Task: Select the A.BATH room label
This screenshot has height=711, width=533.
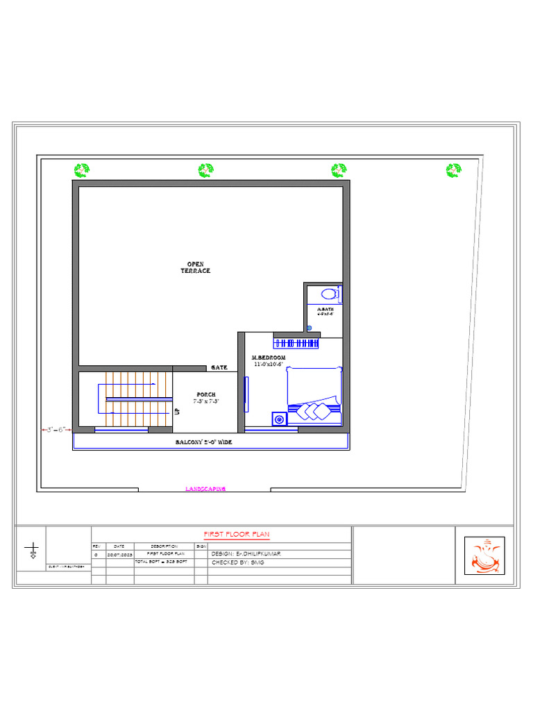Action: pos(325,310)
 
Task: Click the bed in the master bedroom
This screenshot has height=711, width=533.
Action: pos(314,394)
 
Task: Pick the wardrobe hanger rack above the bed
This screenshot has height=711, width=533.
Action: pos(296,342)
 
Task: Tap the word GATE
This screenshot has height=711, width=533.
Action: pos(219,367)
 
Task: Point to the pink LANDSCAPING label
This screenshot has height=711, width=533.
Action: pos(205,489)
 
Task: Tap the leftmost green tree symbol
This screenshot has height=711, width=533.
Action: pos(82,170)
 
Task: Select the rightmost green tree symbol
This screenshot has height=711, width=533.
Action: pos(453,170)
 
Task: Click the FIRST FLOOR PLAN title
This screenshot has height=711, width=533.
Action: pos(236,534)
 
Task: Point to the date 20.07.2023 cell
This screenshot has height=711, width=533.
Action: pos(119,555)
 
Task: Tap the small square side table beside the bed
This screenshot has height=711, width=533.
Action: pos(279,419)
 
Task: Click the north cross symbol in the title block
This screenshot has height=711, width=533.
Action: pos(32,552)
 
